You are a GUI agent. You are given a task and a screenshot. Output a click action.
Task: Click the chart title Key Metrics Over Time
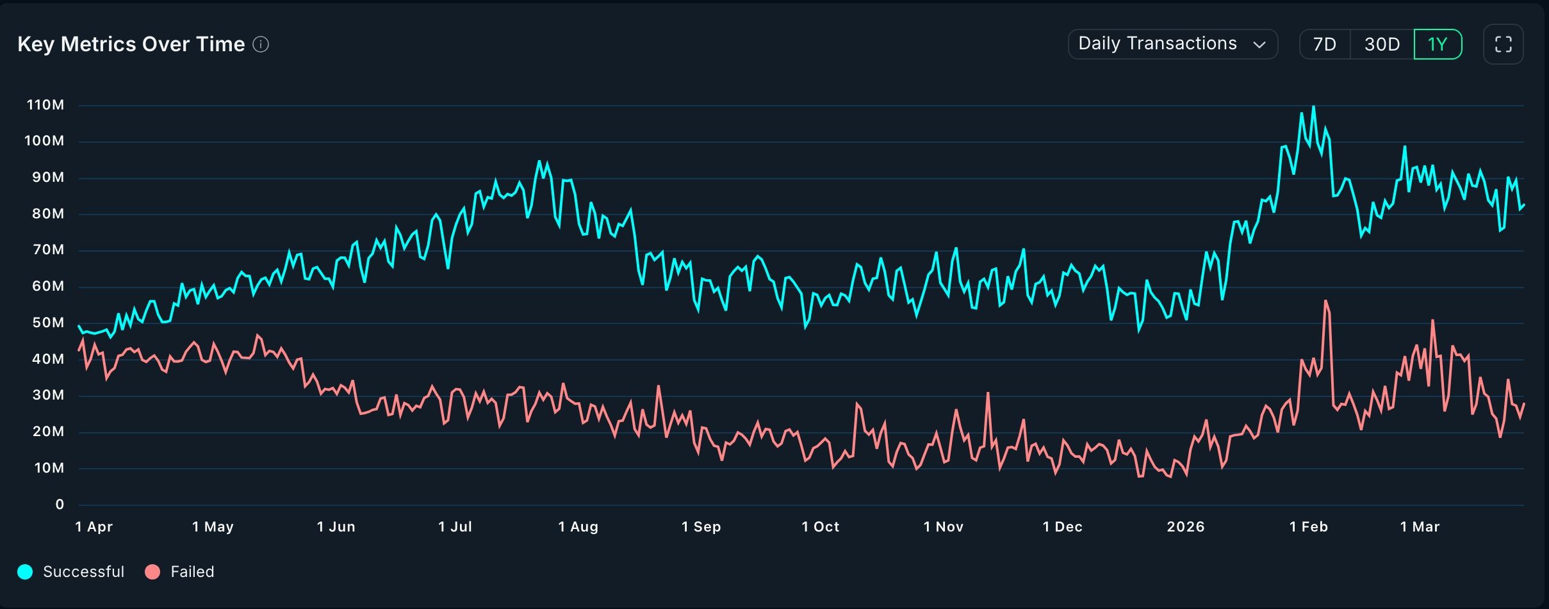click(x=131, y=44)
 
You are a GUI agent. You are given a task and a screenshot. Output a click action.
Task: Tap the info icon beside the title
click(x=261, y=44)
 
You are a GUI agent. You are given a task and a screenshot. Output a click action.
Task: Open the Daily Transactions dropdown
click(x=1172, y=44)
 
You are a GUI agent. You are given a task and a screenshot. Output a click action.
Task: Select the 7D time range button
click(x=1324, y=44)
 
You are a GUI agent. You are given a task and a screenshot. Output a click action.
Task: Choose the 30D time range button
click(x=1382, y=44)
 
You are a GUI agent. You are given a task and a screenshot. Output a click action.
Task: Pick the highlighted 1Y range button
click(x=1438, y=44)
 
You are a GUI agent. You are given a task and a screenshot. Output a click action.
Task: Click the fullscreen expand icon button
click(x=1503, y=44)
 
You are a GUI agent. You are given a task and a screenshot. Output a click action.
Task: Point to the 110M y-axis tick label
click(x=45, y=105)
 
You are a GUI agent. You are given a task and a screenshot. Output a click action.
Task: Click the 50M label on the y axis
click(x=48, y=323)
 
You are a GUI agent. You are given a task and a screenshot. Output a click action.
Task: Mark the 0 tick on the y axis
click(x=60, y=505)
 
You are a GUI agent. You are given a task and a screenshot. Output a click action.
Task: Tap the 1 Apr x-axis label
click(x=94, y=527)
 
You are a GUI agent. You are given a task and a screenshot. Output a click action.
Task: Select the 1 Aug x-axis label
click(x=578, y=527)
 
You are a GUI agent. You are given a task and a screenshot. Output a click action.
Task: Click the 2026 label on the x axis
click(x=1185, y=527)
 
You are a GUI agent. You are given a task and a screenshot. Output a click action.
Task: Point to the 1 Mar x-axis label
click(x=1420, y=527)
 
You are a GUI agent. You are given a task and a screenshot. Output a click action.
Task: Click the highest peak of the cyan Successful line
click(x=1313, y=107)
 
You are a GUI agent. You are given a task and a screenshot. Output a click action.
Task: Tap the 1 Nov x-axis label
click(x=943, y=527)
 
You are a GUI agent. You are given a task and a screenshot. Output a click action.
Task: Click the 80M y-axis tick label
click(x=48, y=214)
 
